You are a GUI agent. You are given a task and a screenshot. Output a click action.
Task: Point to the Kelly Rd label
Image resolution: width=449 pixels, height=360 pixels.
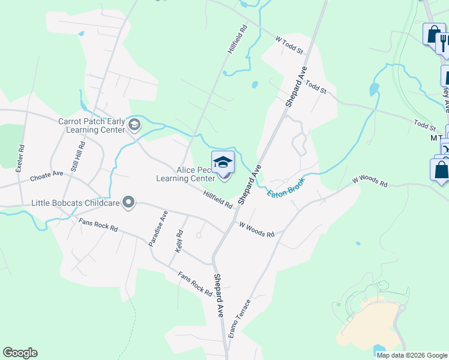pyautogui.click(x=179, y=241)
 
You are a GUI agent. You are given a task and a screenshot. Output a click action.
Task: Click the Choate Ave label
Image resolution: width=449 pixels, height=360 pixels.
pyautogui.click(x=46, y=174)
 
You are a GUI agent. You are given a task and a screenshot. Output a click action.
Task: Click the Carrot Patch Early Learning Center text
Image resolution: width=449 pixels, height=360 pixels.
pyautogui.click(x=92, y=125)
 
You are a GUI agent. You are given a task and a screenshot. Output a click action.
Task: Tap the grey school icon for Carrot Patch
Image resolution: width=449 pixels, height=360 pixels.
pyautogui.click(x=134, y=125)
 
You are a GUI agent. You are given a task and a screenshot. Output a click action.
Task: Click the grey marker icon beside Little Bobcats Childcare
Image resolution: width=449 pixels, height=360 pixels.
pyautogui.click(x=128, y=203)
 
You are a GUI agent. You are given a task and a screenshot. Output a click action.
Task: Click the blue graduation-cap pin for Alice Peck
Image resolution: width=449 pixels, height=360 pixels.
pyautogui.click(x=222, y=163)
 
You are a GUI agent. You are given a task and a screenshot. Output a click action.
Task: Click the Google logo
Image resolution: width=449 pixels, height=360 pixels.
pyautogui.click(x=20, y=353)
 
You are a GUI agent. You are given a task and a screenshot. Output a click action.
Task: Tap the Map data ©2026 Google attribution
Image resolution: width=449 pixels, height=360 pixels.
pyautogui.click(x=412, y=355)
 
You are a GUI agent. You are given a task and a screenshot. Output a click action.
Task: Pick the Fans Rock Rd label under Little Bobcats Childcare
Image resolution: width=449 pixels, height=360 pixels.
pyautogui.click(x=98, y=227)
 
